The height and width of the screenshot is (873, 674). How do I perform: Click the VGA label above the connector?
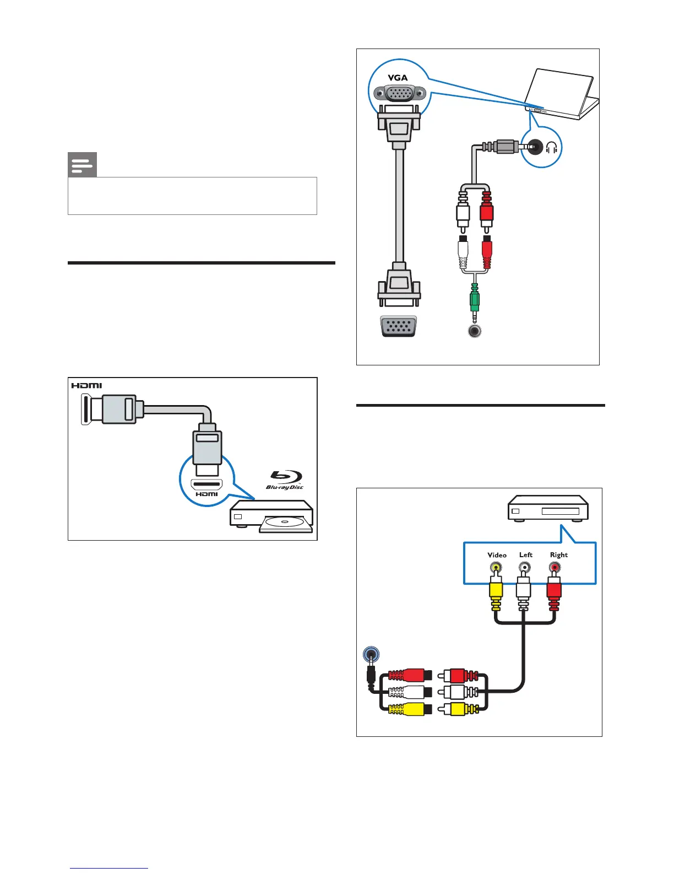(398, 78)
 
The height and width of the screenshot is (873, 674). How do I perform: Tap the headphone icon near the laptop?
(551, 148)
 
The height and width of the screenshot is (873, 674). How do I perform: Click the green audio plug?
(474, 300)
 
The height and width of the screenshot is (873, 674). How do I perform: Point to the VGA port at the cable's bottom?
(398, 327)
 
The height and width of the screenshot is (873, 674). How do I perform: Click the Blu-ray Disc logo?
(285, 479)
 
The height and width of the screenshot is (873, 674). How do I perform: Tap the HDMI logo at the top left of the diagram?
(86, 385)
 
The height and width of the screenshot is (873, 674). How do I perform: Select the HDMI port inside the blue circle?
(206, 485)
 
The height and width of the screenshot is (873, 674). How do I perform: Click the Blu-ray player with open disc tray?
(271, 516)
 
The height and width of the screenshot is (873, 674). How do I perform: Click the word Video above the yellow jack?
(497, 555)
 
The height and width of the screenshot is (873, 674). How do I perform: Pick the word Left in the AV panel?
(526, 555)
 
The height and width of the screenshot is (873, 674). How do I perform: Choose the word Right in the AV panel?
(558, 555)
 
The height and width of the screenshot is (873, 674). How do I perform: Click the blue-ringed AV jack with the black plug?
(371, 655)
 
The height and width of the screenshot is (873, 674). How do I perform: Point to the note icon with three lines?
(82, 165)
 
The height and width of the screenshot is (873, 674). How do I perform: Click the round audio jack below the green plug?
(474, 332)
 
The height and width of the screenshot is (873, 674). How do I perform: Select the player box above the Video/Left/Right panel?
(548, 508)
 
